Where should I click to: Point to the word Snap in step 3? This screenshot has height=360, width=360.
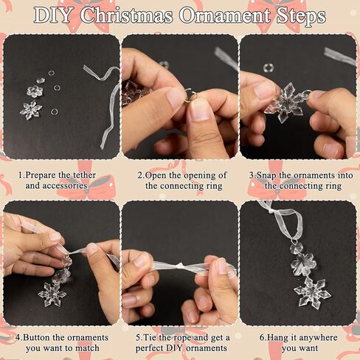tap(266, 176)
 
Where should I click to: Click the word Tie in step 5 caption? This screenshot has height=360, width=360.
tap(150, 337)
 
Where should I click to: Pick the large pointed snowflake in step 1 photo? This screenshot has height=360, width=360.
tap(30, 110)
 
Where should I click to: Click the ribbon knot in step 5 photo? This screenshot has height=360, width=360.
tap(180, 266)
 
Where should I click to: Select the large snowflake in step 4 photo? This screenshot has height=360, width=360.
tap(52, 294)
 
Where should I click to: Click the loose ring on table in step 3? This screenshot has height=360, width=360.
tap(269, 68)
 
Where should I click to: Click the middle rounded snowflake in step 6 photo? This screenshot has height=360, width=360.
tap(302, 264)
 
